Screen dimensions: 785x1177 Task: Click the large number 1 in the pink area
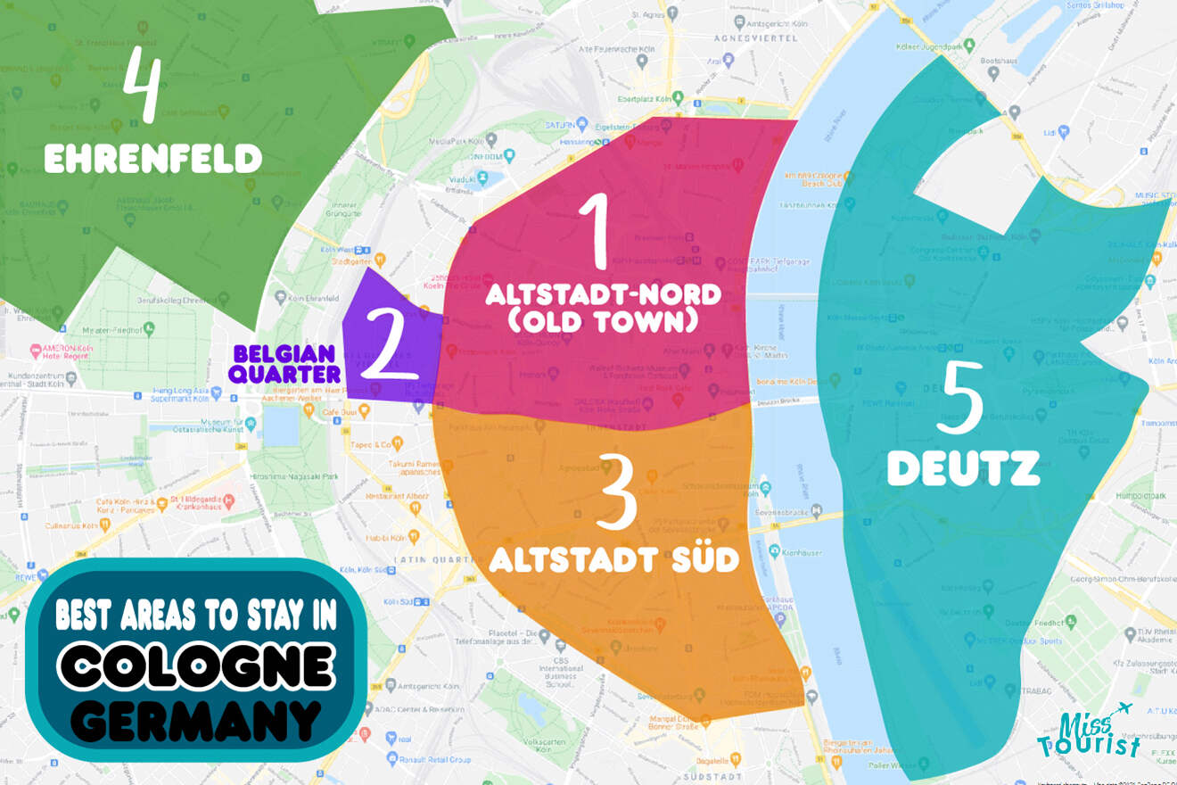[595, 232]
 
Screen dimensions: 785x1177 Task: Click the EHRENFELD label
[152, 161]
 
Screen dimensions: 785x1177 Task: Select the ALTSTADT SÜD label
[614, 560]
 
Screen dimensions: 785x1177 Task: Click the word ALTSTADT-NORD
[602, 294]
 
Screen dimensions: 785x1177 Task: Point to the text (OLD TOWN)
[602, 321]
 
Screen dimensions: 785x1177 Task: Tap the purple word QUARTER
[284, 374]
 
